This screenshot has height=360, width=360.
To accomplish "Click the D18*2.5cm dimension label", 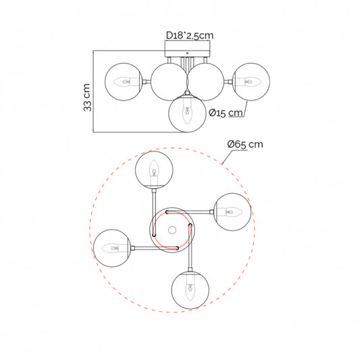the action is click(190, 35).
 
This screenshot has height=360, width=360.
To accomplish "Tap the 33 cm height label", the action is click(87, 97).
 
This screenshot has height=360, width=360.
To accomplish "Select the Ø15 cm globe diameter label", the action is click(226, 113).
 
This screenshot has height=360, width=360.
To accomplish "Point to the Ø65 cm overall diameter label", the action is click(245, 144).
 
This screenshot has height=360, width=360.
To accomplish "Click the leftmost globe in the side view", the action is click(124, 82).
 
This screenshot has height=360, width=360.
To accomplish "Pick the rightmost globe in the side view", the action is click(251, 82).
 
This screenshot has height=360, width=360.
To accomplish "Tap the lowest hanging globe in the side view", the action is click(187, 113).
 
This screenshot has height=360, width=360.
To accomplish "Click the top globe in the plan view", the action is click(154, 170).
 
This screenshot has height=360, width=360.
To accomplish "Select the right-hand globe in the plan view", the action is click(232, 212).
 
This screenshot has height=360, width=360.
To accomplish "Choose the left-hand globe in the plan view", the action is click(112, 248).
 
